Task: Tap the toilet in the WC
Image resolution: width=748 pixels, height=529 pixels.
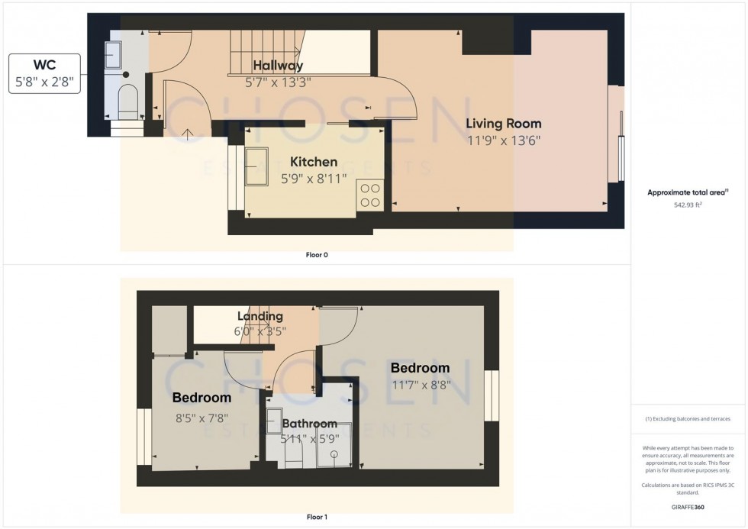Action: click(x=127, y=102)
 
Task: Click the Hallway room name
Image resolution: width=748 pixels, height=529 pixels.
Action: click(x=278, y=66)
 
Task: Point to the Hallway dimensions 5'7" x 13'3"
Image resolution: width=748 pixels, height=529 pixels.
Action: click(x=278, y=81)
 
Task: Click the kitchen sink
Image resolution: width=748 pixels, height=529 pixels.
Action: click(x=256, y=167)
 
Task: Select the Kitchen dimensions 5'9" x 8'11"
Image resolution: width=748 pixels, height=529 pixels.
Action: click(x=313, y=178)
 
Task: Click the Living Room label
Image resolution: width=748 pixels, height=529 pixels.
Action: click(x=504, y=124)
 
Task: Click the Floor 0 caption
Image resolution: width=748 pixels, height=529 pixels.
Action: click(x=316, y=255)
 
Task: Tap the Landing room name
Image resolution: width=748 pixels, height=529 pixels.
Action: click(x=260, y=316)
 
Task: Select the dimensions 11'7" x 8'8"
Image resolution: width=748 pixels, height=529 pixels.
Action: click(x=420, y=385)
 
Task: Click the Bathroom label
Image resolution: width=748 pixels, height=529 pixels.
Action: click(x=309, y=424)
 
